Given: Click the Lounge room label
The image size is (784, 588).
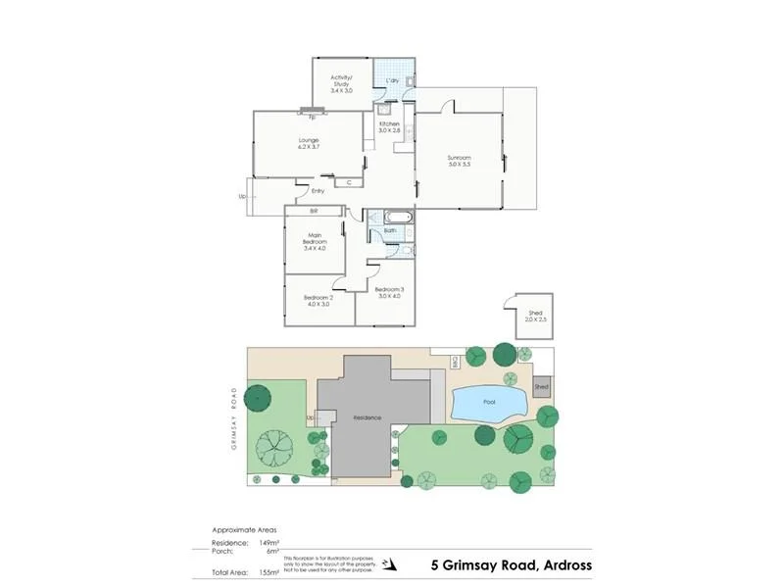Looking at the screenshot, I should coord(309,144).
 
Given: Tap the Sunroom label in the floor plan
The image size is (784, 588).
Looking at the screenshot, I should coord(460,161).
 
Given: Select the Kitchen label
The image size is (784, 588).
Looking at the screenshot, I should coord(390,126).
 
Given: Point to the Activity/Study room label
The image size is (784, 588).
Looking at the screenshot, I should coord(341,83).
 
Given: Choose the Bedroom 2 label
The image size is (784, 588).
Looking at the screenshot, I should coord(318,301).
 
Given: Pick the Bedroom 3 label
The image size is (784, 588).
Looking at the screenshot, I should coord(389,293).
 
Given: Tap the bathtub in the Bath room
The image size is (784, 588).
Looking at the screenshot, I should coord(397,218).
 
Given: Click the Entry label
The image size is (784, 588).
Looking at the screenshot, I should coord(318,191).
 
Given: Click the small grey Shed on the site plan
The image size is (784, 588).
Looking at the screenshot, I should coord(542,388).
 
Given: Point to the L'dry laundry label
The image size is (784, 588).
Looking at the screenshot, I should coord(392,79).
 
